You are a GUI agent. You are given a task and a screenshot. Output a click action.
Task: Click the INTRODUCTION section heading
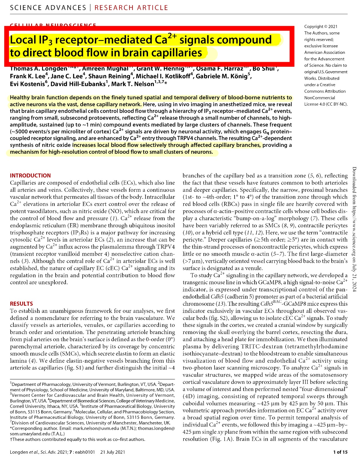click(30, 176)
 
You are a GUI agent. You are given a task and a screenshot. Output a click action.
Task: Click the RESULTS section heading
click(21, 304)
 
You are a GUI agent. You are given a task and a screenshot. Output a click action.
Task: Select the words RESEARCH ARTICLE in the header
click(131, 8)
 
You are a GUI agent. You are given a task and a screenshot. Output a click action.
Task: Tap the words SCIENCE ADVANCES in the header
click(48, 8)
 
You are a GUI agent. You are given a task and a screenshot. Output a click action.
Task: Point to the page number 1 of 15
click(340, 452)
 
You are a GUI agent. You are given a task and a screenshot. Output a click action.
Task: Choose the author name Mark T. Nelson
click(133, 84)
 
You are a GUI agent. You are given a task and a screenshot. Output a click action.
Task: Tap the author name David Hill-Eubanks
click(79, 84)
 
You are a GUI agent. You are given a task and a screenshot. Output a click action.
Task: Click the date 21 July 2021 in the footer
click(113, 452)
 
